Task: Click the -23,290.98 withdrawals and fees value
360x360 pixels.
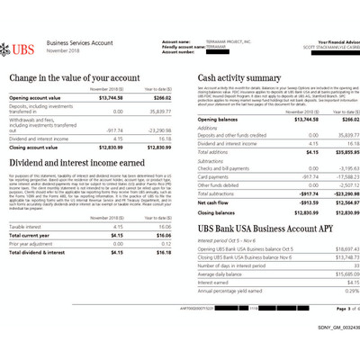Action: pos(155,130)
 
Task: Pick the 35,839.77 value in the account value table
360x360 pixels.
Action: pos(156,112)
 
